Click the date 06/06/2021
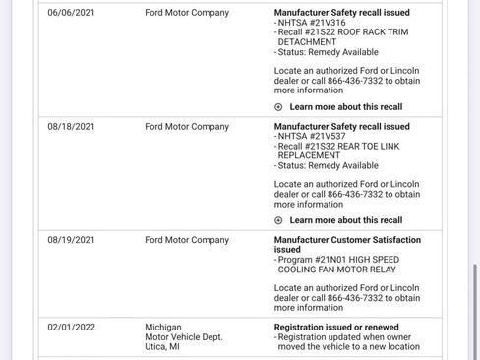pos(71,13)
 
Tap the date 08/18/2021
pos(71,127)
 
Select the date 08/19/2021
pos(71,240)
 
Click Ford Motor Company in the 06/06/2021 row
pos(187,13)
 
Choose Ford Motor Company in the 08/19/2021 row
pos(187,240)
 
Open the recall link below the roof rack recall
pos(345,107)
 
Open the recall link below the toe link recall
pos(345,220)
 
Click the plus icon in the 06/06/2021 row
pos(278,107)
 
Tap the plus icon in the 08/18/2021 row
pos(278,220)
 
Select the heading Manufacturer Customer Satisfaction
pos(347,240)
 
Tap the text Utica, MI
pos(162,347)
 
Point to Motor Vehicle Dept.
pos(184,336)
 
